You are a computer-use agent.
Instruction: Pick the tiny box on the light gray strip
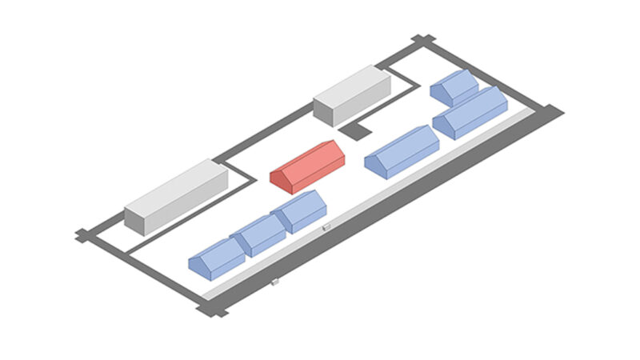click(x=326, y=230)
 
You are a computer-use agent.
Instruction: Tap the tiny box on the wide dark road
click(x=274, y=282)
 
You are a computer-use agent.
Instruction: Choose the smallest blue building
click(x=454, y=86)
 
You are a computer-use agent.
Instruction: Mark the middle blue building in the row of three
click(x=259, y=234)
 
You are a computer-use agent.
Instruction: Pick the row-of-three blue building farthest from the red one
click(x=216, y=258)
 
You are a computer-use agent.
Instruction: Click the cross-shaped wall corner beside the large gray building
click(x=83, y=234)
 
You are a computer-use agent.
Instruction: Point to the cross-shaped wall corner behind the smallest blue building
click(x=422, y=40)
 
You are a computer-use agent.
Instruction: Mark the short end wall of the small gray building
click(x=323, y=113)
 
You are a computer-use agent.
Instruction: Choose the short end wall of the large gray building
click(x=134, y=222)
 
